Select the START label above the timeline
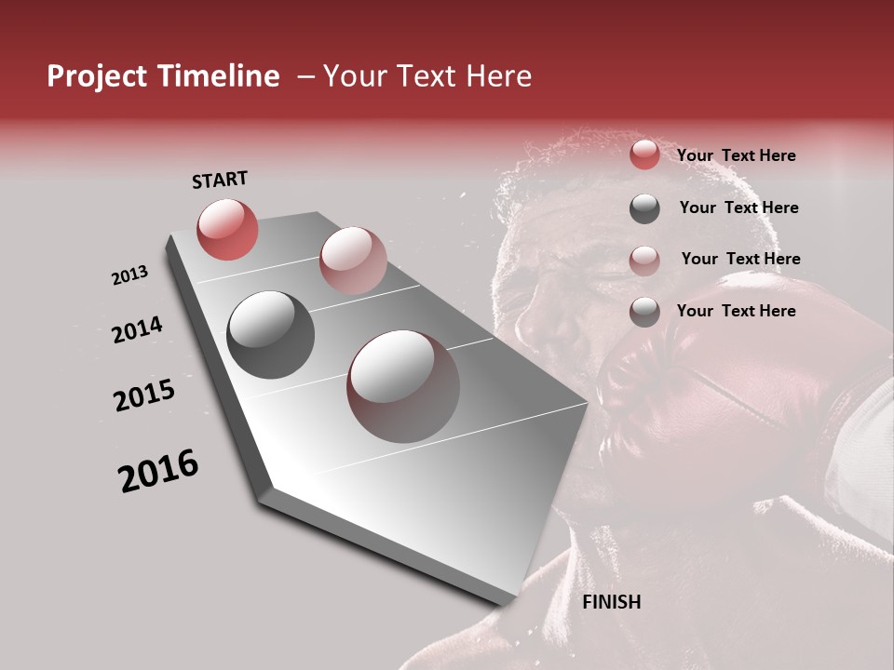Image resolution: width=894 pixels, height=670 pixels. coord(220,180)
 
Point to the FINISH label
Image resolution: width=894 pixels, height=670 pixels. coord(611,602)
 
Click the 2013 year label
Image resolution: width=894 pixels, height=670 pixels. coord(129,275)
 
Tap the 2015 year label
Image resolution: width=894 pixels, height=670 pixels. coord(144,395)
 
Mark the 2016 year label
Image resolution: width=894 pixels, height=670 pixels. coord(158,471)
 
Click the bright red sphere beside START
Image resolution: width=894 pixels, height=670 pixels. coord(227,229)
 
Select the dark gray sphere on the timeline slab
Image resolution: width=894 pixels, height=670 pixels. coord(270,335)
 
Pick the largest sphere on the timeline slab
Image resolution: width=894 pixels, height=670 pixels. coord(403,386)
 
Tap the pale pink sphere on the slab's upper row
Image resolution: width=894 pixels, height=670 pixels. coord(353,261)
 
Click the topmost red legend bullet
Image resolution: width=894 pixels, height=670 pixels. coord(644,155)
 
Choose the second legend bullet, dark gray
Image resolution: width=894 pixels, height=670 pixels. coord(644,208)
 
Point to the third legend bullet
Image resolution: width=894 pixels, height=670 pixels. coord(644,261)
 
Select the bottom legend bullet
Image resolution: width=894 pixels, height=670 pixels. coord(644,312)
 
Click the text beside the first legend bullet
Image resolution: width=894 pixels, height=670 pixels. coord(736,155)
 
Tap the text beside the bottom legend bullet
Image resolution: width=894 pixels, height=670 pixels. coord(736,311)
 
